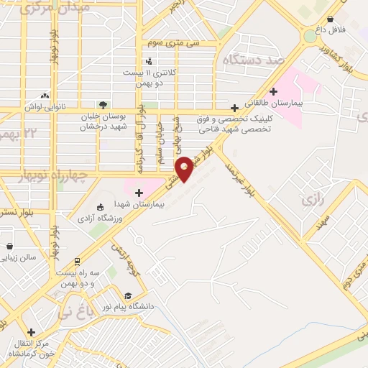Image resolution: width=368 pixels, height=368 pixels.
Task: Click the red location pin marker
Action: tap(185, 168)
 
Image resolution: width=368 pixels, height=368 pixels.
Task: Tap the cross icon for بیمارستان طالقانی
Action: tap(273, 91)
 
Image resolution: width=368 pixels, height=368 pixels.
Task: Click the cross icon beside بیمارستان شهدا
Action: tap(139, 192)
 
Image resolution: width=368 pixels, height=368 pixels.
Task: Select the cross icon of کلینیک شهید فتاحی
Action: tap(234, 108)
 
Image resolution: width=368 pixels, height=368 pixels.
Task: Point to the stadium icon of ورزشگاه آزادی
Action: tap(99, 206)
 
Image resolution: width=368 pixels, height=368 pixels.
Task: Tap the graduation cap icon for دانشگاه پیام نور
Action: tap(128, 295)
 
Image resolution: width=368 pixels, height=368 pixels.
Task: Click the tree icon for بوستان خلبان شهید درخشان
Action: tap(103, 104)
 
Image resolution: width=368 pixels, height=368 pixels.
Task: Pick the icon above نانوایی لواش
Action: tap(45, 96)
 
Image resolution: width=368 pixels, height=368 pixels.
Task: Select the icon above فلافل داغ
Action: tap(330, 19)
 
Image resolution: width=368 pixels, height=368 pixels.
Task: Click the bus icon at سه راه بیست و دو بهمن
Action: tap(77, 261)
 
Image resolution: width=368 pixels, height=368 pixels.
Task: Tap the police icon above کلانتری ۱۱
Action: tap(149, 62)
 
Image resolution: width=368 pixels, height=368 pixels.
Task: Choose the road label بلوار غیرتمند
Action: tap(241, 177)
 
